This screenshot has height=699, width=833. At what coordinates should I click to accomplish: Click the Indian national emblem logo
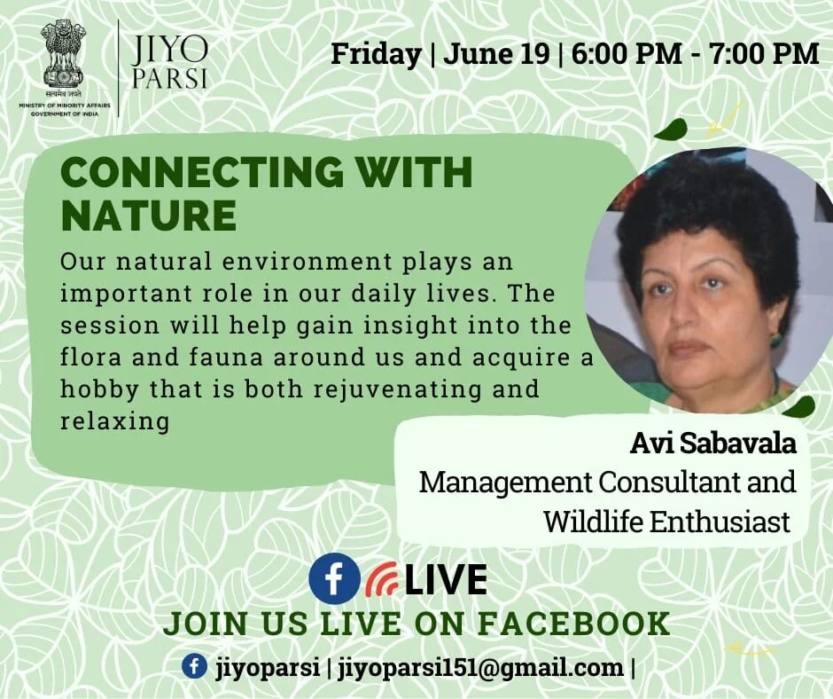coord(63,56)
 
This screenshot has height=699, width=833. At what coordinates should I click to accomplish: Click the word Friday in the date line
coord(376,54)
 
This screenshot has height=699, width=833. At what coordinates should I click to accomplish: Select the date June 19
coord(496,54)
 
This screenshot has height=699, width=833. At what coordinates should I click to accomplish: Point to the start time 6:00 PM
coord(627,54)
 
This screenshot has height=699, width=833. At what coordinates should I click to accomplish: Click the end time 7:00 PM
coord(764,54)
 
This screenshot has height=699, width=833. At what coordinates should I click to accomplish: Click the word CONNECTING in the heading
coord(202,172)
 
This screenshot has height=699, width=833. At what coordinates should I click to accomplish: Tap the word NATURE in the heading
coord(149,215)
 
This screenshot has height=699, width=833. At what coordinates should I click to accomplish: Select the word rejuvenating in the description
coord(398,389)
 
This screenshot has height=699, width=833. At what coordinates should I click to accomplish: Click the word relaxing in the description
coord(114,420)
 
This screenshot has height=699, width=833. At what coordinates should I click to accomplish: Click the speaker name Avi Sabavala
coord(713,444)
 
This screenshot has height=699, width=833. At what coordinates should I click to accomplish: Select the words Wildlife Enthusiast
coord(667,522)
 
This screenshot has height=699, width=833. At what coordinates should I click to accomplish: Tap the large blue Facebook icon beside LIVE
coord(334,578)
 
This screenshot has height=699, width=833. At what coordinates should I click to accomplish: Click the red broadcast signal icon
coord(381,578)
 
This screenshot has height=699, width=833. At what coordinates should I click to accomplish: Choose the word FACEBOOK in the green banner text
coord(573,624)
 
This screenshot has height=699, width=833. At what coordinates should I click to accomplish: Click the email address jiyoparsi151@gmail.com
coord(481,668)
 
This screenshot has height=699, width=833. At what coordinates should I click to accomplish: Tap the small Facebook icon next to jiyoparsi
coord(194,666)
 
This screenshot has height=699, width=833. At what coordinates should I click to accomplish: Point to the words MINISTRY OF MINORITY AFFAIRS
coord(65,106)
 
